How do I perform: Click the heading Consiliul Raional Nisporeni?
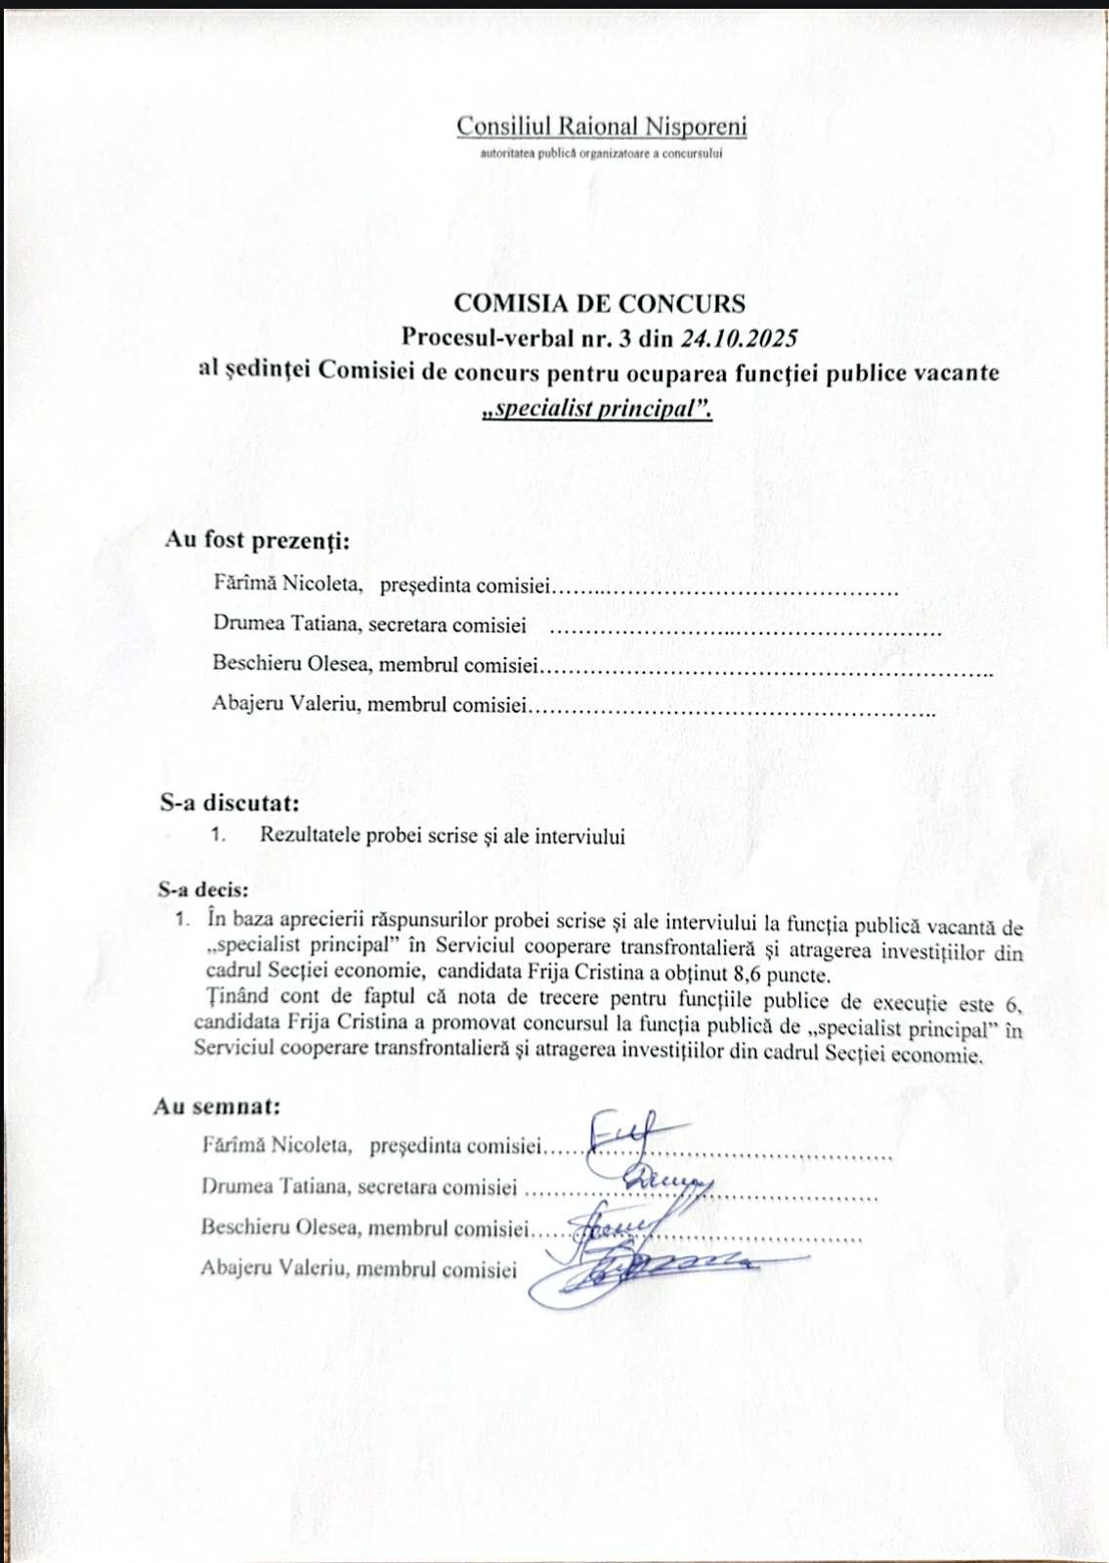[601, 127]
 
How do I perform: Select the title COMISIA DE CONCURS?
[599, 303]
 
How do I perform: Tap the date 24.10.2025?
[739, 338]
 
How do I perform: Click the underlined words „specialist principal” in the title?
[598, 408]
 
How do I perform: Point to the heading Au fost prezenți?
[257, 540]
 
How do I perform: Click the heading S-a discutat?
[230, 803]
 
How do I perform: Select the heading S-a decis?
[203, 890]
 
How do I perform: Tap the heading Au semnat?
[217, 1107]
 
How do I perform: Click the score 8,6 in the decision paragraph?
[747, 975]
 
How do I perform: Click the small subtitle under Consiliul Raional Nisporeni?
[601, 154]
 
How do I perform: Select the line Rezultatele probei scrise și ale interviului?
[442, 836]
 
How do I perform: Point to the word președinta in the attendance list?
[425, 586]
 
